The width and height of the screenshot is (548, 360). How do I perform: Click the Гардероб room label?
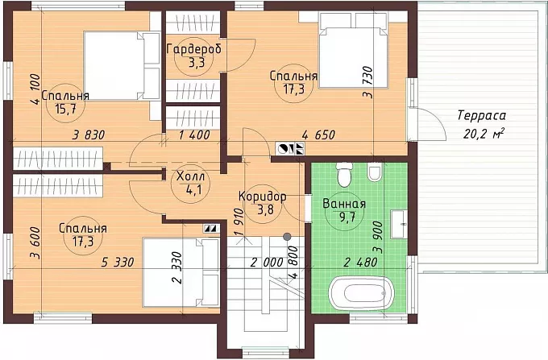194,49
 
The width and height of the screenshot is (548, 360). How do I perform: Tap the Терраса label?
482,116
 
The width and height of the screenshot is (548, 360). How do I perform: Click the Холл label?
190,176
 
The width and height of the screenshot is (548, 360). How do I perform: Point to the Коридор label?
263,197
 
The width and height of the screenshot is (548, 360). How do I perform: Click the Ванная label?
344,204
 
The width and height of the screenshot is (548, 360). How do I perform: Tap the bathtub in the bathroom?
362,292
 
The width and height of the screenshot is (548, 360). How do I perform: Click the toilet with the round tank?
344,174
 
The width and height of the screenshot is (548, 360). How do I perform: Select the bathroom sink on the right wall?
399,224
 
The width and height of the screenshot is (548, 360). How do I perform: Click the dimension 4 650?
318,134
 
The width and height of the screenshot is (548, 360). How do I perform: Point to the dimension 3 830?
89,134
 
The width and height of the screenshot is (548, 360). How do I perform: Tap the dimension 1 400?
194,134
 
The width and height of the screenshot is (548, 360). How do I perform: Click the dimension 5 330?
118,262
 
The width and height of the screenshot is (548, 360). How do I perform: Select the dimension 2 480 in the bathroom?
361,262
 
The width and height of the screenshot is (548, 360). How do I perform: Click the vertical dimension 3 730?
368,82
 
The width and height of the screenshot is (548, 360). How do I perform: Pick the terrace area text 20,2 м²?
484,133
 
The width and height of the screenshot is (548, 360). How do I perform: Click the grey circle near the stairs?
287,237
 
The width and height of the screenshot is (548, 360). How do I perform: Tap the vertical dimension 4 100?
35,89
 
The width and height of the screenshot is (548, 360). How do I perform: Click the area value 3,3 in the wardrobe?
194,63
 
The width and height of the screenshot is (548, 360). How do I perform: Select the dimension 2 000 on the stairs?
267,262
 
